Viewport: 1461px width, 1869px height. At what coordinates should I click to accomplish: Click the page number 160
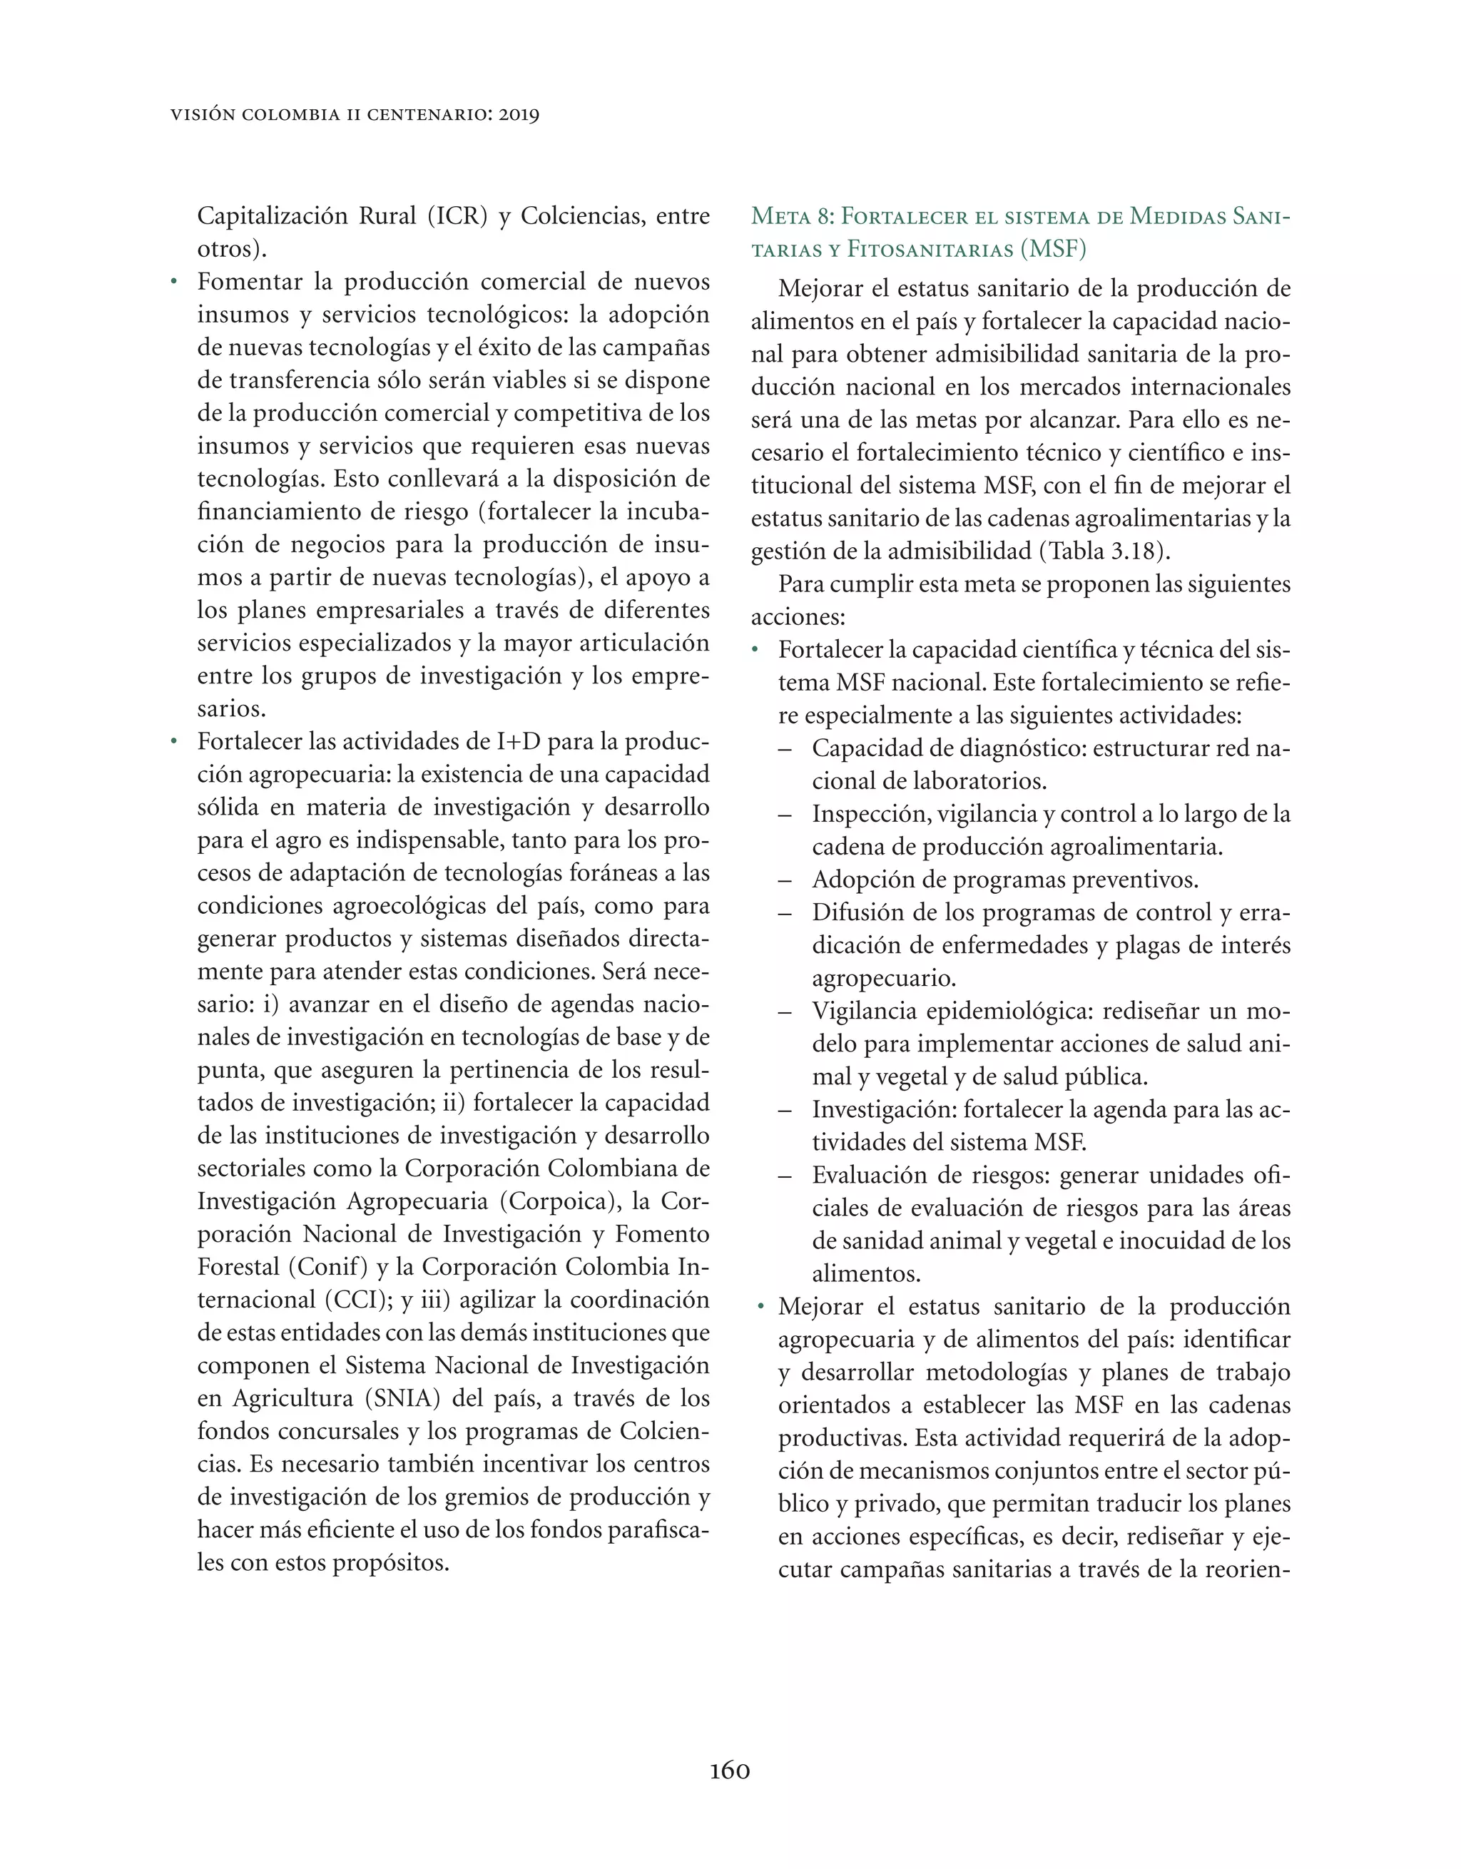[x=729, y=1770]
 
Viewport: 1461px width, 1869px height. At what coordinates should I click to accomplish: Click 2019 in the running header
[x=518, y=115]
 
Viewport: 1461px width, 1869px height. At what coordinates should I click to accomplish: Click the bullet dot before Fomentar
[x=174, y=282]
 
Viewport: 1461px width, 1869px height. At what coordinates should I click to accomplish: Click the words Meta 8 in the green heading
[x=793, y=217]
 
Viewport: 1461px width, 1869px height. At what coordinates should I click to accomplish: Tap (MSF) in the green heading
[x=1053, y=250]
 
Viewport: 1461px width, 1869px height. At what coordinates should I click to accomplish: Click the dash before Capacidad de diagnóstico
[x=785, y=750]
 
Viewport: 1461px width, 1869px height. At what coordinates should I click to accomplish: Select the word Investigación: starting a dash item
[x=883, y=1111]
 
